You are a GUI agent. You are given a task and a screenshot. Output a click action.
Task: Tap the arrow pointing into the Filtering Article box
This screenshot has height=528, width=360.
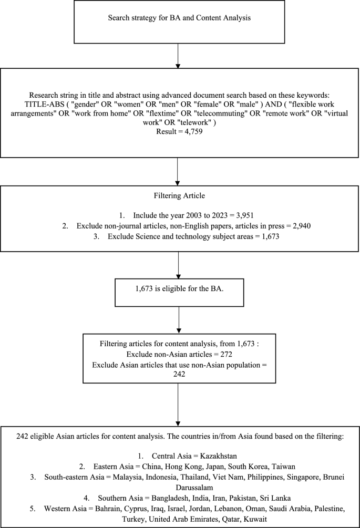[179, 173]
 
